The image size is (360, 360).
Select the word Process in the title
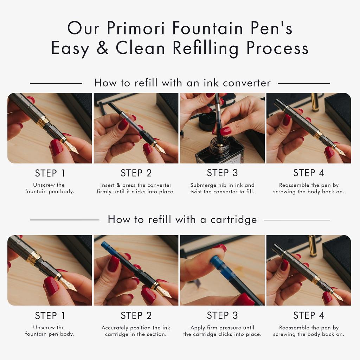coord(277,48)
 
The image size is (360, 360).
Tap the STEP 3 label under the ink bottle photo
coord(222,173)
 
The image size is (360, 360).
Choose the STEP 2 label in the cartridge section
coord(136,315)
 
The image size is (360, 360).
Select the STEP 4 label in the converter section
coord(309,173)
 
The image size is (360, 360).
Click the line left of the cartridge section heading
coord(64,220)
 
